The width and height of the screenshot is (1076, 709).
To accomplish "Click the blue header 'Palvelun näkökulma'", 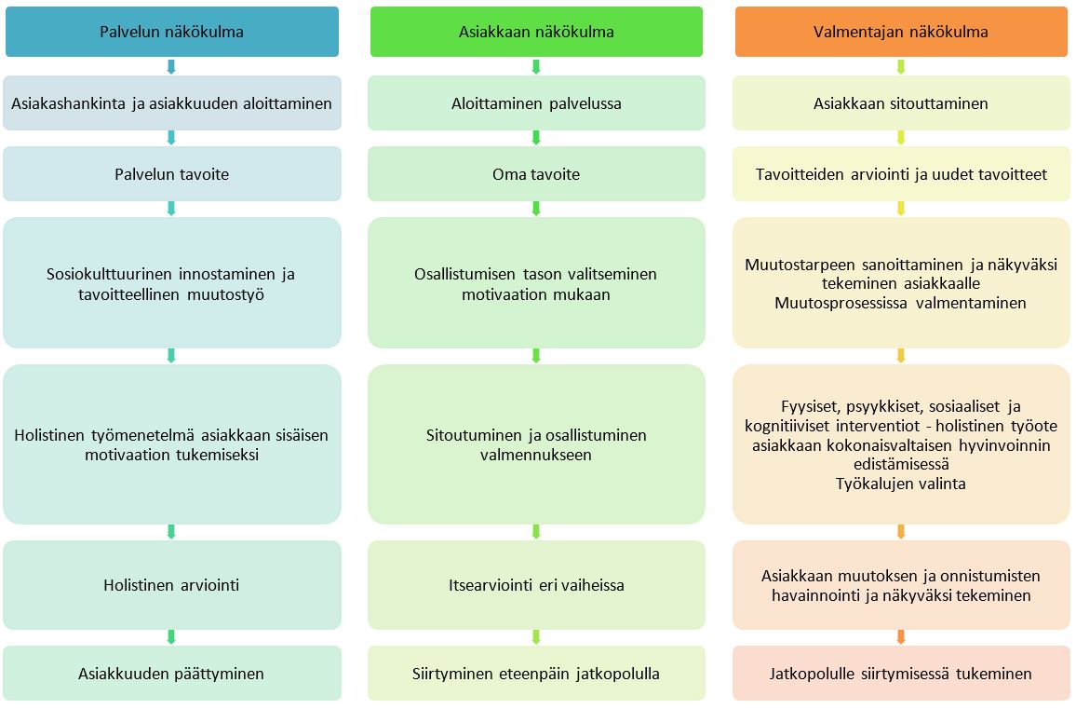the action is tap(171, 32).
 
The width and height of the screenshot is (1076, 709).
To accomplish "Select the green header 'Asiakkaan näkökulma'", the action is tap(536, 32).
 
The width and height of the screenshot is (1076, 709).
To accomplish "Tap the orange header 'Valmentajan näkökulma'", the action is tap(901, 32).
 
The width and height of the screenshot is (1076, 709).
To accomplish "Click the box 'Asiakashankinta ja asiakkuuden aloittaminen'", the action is tap(171, 103).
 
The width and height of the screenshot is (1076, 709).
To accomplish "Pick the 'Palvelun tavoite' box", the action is tap(171, 174).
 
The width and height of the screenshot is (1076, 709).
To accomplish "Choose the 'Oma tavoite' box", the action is tap(536, 174).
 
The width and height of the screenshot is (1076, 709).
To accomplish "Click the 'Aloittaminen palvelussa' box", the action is tap(536, 103).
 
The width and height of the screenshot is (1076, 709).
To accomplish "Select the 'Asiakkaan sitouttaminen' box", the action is tap(901, 103).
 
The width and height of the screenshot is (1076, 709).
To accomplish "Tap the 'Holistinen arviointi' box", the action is tap(171, 585).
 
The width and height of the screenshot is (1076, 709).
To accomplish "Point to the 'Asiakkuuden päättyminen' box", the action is tap(171, 674).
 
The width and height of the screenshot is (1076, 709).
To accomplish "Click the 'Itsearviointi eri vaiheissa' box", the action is tap(536, 585).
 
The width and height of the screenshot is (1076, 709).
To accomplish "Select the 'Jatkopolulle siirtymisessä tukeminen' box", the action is tap(901, 674).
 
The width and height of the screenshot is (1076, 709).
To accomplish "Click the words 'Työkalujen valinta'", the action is tap(901, 484).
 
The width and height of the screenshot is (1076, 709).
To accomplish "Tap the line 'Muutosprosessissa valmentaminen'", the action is tap(901, 303).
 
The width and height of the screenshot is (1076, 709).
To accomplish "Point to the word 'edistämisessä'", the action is tap(901, 464).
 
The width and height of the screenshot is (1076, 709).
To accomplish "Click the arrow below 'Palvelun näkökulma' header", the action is tap(171, 67).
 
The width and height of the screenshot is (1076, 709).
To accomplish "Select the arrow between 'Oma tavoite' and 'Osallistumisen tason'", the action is tap(536, 209).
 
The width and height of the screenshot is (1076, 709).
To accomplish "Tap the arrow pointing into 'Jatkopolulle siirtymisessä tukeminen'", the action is tap(901, 637).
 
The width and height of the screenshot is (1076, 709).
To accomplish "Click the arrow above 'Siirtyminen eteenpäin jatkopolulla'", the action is tap(536, 637).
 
